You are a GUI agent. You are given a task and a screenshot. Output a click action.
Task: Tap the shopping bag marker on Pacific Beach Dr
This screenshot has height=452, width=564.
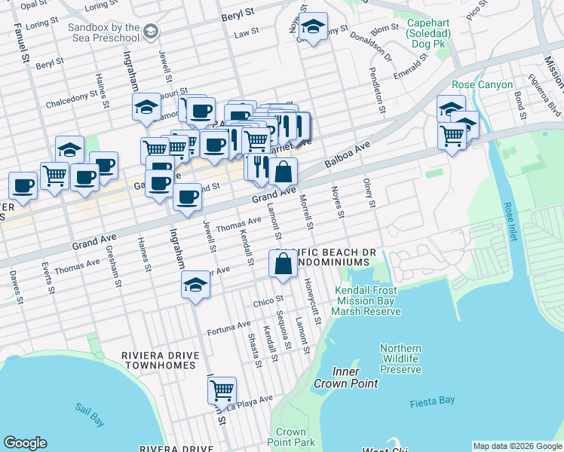click(x=283, y=264)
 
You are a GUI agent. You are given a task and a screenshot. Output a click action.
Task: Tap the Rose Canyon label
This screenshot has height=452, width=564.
click(x=482, y=85)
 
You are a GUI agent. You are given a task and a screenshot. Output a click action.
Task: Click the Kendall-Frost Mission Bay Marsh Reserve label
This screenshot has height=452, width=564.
click(x=369, y=301)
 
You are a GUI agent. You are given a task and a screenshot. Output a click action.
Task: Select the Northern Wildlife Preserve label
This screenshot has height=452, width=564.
click(x=400, y=359)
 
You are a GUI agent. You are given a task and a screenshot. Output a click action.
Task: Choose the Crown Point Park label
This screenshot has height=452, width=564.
click(x=290, y=437)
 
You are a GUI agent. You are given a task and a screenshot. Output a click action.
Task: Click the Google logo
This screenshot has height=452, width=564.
click(x=25, y=443)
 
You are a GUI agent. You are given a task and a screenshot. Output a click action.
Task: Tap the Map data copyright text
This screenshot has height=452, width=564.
click(x=516, y=446)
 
